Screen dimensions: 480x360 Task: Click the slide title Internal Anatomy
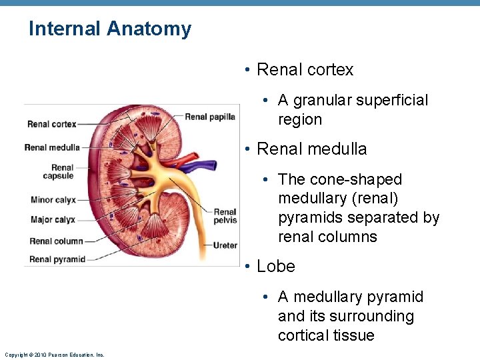[x=110, y=29]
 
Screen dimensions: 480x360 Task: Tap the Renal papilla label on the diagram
[x=210, y=117]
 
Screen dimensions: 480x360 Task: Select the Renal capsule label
[x=58, y=172]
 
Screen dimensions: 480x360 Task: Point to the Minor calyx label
[x=53, y=200]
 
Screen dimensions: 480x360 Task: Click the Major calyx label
[x=53, y=220]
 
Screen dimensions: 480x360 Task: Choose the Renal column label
[x=56, y=241]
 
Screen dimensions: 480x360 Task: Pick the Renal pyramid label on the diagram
[x=57, y=259]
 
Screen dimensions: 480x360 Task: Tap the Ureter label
[x=225, y=245]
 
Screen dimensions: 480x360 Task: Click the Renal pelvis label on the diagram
[x=225, y=217]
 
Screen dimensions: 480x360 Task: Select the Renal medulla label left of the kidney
[x=52, y=148]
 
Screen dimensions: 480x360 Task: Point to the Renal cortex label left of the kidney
[x=52, y=124]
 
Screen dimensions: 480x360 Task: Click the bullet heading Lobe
[x=275, y=266]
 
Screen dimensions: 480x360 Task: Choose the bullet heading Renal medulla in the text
[x=311, y=149]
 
